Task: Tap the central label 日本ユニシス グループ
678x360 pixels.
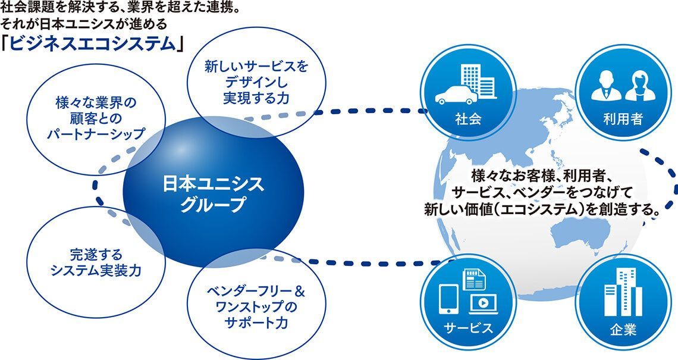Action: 212,193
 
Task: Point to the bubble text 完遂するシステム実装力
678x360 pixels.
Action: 96,262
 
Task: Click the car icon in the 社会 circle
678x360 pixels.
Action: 456,96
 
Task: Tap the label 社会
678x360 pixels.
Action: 468,119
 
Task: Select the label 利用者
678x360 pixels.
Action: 623,119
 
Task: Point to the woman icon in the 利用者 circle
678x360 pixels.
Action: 641,86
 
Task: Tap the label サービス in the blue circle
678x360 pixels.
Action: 468,327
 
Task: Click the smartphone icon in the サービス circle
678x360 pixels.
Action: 448,299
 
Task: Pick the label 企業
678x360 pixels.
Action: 623,330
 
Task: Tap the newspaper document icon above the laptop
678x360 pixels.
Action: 475,280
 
